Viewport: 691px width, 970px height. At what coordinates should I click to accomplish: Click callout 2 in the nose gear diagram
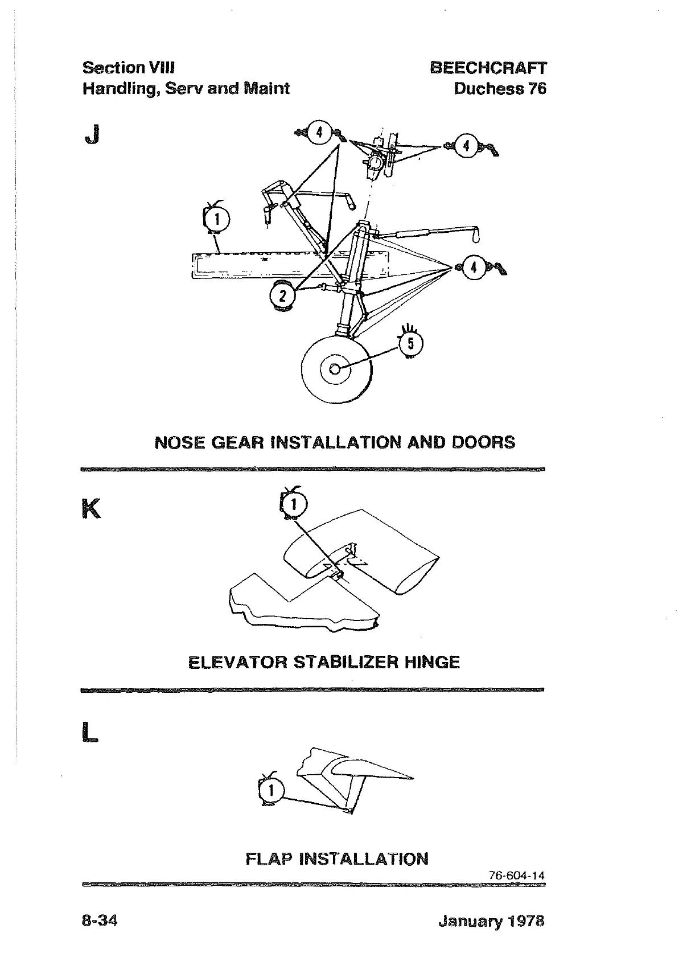[x=281, y=296]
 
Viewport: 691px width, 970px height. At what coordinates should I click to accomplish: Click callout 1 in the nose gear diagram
[x=216, y=219]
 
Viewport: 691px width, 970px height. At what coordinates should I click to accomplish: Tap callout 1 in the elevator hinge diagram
[x=294, y=503]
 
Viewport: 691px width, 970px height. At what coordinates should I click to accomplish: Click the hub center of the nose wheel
[x=336, y=369]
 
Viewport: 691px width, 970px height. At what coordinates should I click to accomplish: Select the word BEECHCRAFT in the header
[x=488, y=68]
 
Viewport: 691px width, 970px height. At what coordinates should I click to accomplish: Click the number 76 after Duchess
[x=537, y=89]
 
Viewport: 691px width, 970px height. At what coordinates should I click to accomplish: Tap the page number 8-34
[x=100, y=920]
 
